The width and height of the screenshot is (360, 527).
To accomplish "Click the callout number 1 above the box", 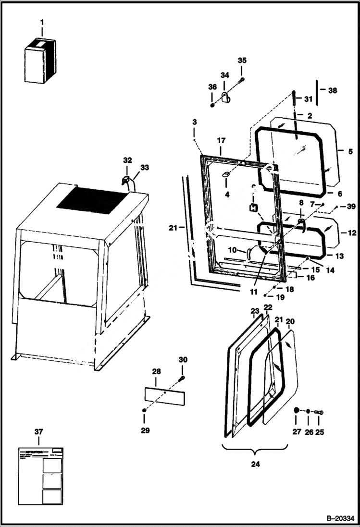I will click(x=42, y=22).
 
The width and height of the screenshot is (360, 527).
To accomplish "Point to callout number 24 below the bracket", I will click(x=255, y=465).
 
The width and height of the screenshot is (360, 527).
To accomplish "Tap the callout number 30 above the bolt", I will click(x=183, y=360).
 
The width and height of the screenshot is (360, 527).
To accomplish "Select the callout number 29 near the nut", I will click(x=145, y=430).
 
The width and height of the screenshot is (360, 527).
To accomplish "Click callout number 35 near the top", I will click(x=242, y=61).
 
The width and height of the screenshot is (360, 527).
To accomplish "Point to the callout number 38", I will click(x=333, y=90).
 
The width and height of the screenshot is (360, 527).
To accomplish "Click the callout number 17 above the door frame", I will click(x=221, y=141).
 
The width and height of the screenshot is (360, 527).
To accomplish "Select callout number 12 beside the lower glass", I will click(x=351, y=233).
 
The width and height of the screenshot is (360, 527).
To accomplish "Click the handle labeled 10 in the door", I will click(x=249, y=252).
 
